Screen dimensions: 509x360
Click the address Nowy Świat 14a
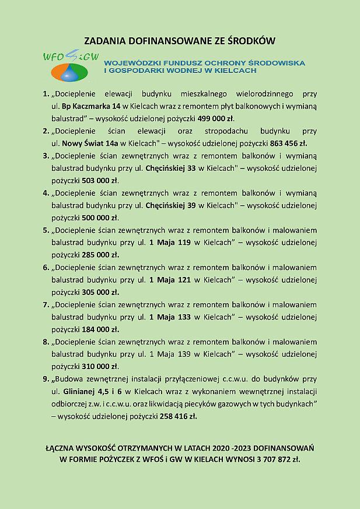click(89, 143)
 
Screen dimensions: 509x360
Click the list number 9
click(46, 379)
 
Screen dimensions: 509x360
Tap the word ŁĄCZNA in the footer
click(62, 448)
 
